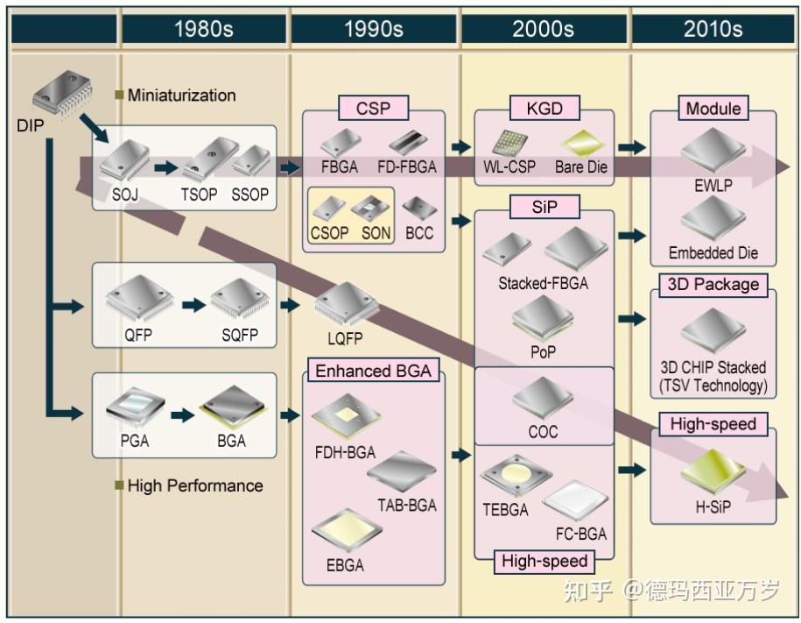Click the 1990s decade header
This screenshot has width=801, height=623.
pyautogui.click(x=374, y=29)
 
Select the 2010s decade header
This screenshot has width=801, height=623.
pyautogui.click(x=713, y=29)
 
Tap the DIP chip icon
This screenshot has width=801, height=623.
pyautogui.click(x=62, y=93)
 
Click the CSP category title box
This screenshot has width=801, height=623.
pyautogui.click(x=374, y=108)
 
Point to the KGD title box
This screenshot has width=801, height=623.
pyautogui.click(x=545, y=108)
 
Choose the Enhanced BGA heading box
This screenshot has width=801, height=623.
pyautogui.click(x=374, y=371)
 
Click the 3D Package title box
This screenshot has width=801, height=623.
pyautogui.click(x=713, y=285)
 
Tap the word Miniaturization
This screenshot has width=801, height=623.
pyautogui.click(x=182, y=96)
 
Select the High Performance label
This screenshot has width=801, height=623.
pyautogui.click(x=195, y=485)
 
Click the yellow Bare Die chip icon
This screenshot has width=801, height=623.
pyautogui.click(x=583, y=143)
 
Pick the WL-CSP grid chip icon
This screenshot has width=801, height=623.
pyautogui.click(x=509, y=143)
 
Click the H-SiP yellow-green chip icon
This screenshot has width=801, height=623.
pyautogui.click(x=713, y=471)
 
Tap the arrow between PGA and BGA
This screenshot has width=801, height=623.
pyautogui.click(x=182, y=414)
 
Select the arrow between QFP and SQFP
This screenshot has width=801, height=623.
pyautogui.click(x=193, y=305)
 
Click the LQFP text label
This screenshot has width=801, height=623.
pyautogui.click(x=345, y=338)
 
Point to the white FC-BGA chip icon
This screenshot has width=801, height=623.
pyautogui.click(x=575, y=500)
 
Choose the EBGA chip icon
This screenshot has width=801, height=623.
pyautogui.click(x=347, y=530)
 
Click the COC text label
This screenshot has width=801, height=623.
pyautogui.click(x=543, y=432)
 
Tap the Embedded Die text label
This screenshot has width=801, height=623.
pyautogui.click(x=713, y=252)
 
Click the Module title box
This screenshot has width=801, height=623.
pyautogui.click(x=713, y=108)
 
